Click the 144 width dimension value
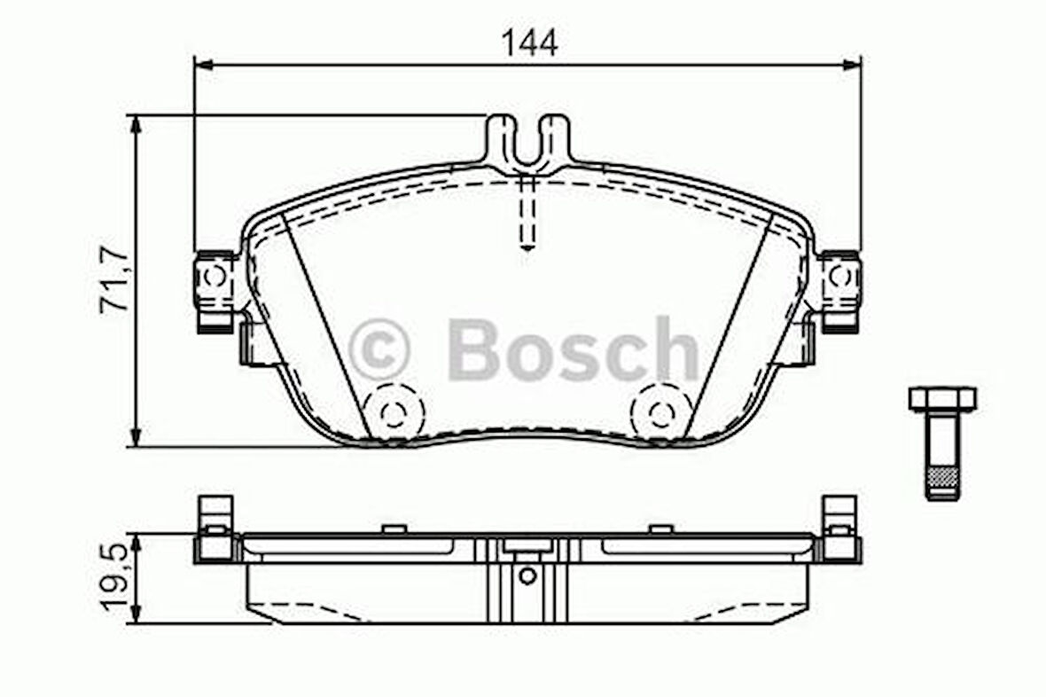(529, 42)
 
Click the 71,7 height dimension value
(115, 281)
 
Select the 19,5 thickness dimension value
(115, 578)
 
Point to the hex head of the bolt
(942, 398)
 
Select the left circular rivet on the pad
(394, 411)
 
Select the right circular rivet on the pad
(660, 411)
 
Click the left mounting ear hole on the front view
(214, 278)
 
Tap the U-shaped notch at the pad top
(528, 146)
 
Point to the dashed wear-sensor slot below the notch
(527, 213)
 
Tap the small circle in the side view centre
(527, 576)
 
